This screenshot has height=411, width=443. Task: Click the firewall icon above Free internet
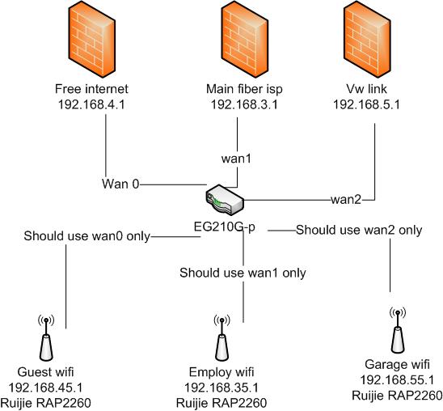coord(91,40)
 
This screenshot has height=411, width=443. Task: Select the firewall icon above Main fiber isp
coord(244,40)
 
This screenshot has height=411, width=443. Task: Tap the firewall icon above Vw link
coord(367,40)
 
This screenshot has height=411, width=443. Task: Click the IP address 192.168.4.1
coord(91,105)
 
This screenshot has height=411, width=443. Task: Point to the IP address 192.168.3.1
coord(244,105)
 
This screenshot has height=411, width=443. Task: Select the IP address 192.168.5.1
coord(367,105)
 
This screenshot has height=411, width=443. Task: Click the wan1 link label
coord(236,159)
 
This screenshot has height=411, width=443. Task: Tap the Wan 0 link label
coord(120,184)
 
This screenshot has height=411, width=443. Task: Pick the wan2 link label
coord(346,200)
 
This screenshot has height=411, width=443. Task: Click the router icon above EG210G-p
coord(225,200)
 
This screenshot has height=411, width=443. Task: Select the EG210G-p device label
coord(225,227)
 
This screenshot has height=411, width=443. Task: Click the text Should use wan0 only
coord(86,236)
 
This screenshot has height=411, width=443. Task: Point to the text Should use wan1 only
coord(243,273)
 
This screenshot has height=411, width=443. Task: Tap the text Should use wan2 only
coord(359,230)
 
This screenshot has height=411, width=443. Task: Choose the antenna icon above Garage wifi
coord(398,329)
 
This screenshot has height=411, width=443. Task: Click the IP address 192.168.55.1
coord(397,380)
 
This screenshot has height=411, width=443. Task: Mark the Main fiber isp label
coord(244,89)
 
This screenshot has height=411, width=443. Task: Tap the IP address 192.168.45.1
coord(46,388)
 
